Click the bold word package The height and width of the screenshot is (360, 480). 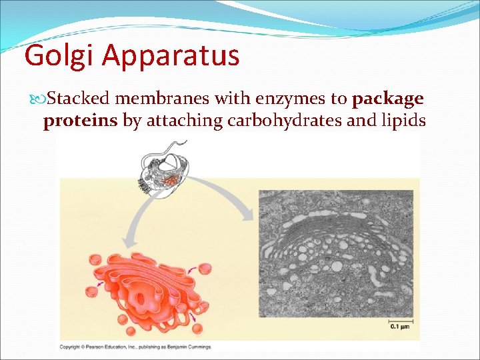[x=388, y=99]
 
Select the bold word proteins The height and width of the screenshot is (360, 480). [x=81, y=121]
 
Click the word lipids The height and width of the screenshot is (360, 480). [x=403, y=121]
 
